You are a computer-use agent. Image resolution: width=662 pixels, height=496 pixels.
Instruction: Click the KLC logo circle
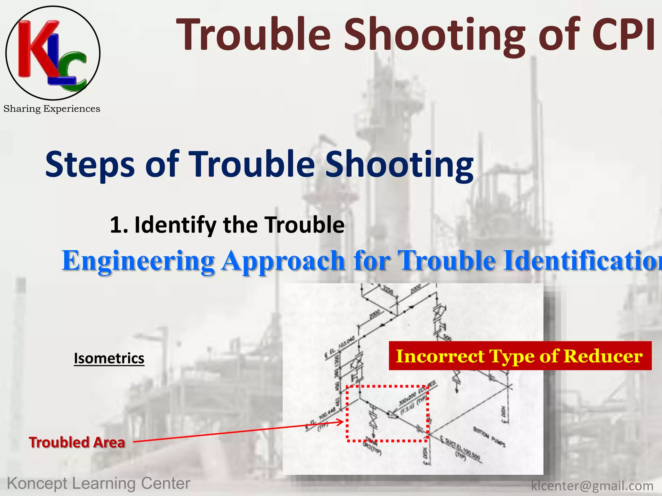(53, 53)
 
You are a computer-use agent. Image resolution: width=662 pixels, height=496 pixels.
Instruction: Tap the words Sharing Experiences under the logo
(52, 109)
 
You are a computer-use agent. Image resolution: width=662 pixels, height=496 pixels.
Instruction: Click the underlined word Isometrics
(109, 358)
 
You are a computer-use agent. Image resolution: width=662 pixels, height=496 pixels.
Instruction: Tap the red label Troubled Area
(77, 442)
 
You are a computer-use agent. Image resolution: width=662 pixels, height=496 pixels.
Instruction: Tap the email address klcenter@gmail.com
(592, 486)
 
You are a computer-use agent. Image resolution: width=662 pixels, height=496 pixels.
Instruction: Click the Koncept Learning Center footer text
(99, 483)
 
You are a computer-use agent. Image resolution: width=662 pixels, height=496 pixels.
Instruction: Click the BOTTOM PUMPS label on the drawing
(489, 436)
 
